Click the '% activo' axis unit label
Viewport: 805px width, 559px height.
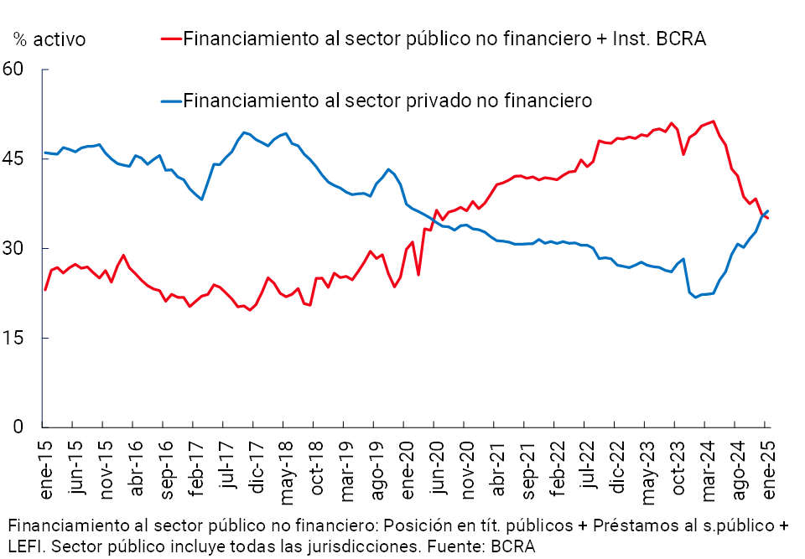(49, 39)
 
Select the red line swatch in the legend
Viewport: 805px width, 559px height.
(171, 39)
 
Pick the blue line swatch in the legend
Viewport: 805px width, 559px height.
(171, 101)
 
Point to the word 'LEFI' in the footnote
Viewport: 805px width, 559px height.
(26, 546)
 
